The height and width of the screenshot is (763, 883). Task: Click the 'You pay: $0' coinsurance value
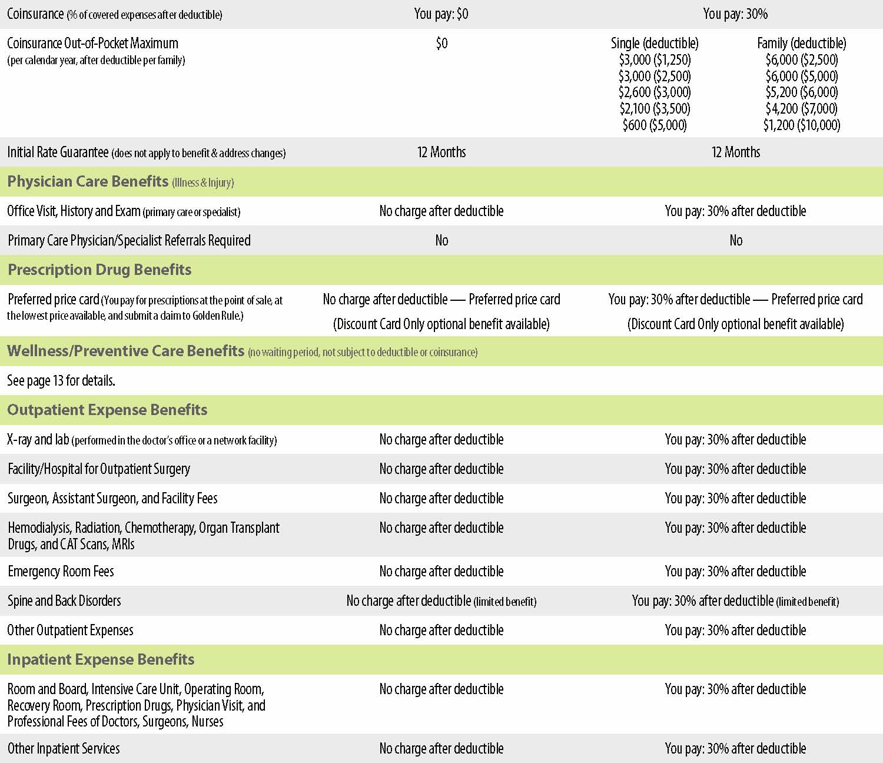tap(441, 14)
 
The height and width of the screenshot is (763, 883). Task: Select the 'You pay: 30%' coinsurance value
tap(735, 14)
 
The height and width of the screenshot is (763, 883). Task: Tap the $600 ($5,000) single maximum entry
tap(655, 125)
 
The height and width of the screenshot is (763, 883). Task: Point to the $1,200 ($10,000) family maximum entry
tap(801, 125)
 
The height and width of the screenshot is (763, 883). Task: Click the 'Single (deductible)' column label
tap(655, 44)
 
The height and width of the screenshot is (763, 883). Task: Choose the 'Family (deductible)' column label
tap(801, 44)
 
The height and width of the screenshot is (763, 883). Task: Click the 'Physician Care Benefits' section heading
tap(88, 181)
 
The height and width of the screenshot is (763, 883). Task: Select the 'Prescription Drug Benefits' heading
tap(99, 270)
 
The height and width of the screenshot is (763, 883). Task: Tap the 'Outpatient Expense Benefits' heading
tap(107, 410)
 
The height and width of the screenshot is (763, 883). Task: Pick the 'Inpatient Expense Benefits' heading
tap(101, 659)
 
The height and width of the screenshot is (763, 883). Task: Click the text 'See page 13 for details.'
tap(61, 381)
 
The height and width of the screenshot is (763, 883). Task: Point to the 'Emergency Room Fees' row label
tap(61, 571)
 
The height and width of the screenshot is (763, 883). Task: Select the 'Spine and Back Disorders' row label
tap(64, 601)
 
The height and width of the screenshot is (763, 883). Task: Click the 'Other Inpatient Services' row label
tap(64, 748)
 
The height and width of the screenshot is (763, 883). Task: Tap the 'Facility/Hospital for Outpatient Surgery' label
tap(99, 469)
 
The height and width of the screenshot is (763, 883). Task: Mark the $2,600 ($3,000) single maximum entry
tap(655, 92)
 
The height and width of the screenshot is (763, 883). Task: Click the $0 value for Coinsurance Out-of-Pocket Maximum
tap(441, 44)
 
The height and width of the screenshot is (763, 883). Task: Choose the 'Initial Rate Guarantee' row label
tap(58, 152)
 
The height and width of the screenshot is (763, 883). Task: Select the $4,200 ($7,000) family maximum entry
tap(801, 109)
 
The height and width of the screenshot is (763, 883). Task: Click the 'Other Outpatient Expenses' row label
tap(70, 630)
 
